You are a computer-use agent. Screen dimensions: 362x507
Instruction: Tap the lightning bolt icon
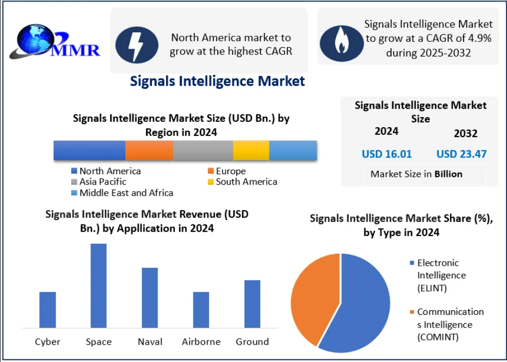137,44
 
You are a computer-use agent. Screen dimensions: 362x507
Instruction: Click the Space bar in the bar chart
98,286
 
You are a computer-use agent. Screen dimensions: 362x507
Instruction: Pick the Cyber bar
48,310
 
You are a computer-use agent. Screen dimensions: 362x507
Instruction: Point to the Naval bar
150,298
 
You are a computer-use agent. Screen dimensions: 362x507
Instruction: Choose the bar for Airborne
201,310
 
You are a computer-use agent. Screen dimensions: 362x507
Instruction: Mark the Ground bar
252,304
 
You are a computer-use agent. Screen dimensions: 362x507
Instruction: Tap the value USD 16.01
387,154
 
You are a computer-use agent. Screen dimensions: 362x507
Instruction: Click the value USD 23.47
461,154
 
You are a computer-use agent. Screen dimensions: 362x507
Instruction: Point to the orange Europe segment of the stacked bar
149,151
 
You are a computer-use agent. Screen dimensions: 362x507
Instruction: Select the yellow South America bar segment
251,151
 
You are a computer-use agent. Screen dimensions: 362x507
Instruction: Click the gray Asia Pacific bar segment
203,151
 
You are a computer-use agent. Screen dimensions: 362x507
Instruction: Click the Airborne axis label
201,342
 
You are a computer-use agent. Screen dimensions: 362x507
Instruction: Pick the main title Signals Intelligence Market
217,81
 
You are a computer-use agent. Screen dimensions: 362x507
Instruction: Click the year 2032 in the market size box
466,133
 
